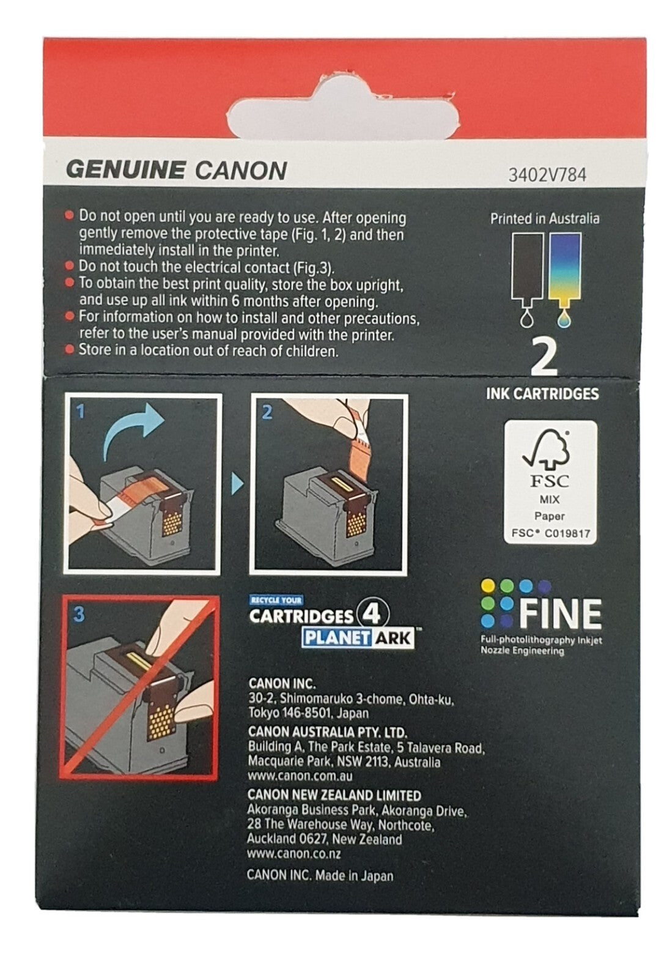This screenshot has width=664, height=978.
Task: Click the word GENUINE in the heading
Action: pos(125,169)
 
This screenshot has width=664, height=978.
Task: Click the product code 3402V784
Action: pos(547,176)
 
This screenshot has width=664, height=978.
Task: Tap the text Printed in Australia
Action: pos(544,218)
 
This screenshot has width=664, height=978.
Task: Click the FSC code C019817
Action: pos(566,533)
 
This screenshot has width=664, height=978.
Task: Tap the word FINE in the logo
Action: pos(561,614)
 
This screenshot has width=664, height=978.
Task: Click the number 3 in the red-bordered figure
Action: pos(79,614)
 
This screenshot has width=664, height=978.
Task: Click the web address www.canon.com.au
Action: pos(300,776)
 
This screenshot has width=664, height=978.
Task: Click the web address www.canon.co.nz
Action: pos(294,854)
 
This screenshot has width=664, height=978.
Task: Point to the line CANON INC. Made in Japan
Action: pos(320,875)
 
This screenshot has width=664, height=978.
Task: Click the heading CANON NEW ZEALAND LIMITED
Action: pos(334,795)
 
